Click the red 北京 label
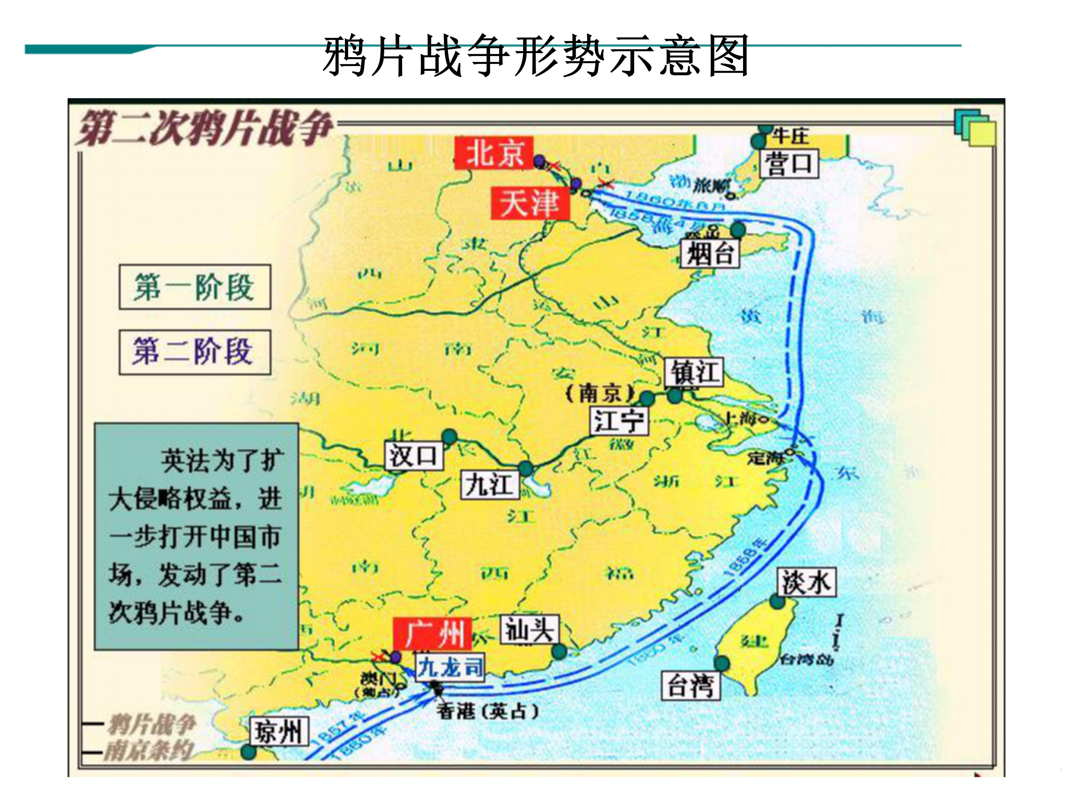(494, 153)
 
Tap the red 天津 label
(530, 203)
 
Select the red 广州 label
(432, 633)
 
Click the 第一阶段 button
(194, 287)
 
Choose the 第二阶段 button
(194, 352)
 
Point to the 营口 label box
(788, 163)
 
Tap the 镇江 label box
(693, 372)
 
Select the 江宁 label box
(619, 420)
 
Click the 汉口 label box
(413, 456)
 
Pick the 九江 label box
(489, 484)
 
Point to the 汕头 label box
(529, 630)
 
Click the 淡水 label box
(806, 582)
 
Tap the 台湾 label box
(690, 685)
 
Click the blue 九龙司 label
(450, 667)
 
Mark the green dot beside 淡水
(777, 602)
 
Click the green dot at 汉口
(450, 436)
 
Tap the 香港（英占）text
(487, 711)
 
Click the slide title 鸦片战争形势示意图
(536, 56)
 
